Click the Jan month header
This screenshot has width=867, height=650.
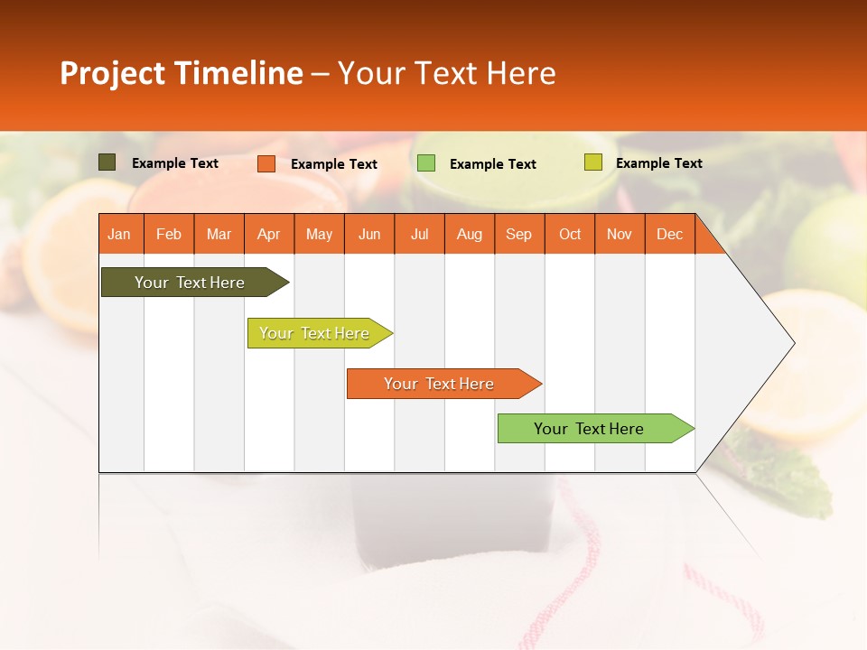119,234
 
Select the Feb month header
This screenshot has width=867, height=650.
169,234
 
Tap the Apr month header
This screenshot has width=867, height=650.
269,234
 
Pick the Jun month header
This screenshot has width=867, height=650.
369,234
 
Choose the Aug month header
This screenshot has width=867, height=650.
470,234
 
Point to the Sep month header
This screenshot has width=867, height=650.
519,234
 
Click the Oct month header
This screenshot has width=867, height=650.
570,234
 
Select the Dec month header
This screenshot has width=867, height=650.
670,234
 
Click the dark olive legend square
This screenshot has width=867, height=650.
107,162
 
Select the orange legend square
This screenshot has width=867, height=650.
266,163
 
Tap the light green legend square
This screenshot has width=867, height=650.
426,163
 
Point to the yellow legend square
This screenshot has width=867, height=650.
592,162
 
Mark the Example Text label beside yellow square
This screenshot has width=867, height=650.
658,163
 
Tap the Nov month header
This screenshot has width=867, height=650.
620,234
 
